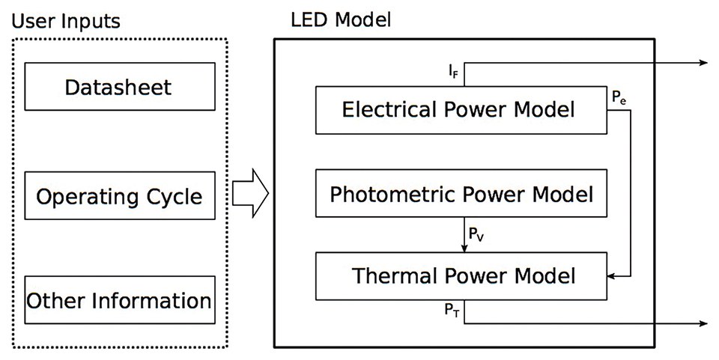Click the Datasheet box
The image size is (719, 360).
pyautogui.click(x=118, y=87)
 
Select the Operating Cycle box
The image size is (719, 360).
pyautogui.click(x=118, y=198)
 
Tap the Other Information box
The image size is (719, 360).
pyautogui.click(x=118, y=301)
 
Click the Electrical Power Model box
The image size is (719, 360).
pyautogui.click(x=458, y=110)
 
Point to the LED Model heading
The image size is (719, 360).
pyautogui.click(x=340, y=18)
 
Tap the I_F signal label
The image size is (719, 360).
pyautogui.click(x=454, y=73)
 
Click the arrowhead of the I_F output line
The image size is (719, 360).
pyautogui.click(x=702, y=64)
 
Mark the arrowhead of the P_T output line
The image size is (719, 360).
pyautogui.click(x=702, y=324)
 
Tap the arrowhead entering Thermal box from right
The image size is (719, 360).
pyautogui.click(x=609, y=276)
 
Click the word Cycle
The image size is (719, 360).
pyautogui.click(x=174, y=198)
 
